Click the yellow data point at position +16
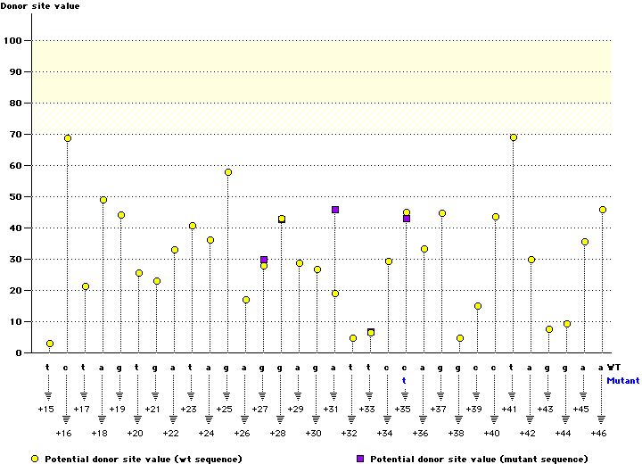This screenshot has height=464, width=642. click(x=68, y=138)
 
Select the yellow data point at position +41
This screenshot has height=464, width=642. click(x=514, y=137)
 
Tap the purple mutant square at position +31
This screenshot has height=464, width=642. click(x=335, y=210)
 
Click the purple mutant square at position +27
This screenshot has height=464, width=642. click(x=264, y=260)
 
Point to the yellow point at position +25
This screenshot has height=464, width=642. click(x=228, y=172)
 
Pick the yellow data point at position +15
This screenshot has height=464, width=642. click(x=50, y=344)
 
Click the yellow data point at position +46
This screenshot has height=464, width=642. click(x=603, y=210)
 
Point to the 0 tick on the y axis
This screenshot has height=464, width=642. click(x=19, y=353)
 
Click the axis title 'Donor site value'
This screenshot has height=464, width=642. click(x=41, y=7)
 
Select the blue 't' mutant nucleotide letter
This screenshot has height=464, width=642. click(x=404, y=379)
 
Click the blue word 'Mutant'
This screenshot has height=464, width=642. click(x=622, y=380)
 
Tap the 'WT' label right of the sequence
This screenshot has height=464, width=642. click(x=615, y=367)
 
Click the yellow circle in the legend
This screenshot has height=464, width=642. click(x=35, y=458)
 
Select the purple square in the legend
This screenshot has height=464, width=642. click(x=360, y=458)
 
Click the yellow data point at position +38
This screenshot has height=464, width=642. click(x=460, y=339)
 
